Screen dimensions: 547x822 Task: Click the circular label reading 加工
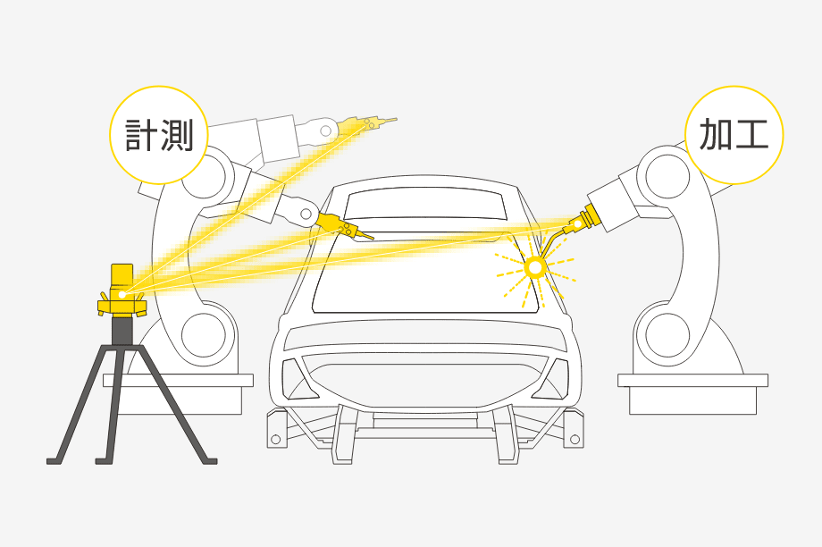pyautogui.click(x=734, y=135)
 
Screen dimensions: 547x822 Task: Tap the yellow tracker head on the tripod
pyautogui.click(x=122, y=290)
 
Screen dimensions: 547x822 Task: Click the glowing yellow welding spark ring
pyautogui.click(x=536, y=265)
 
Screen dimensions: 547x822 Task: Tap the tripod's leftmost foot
pyautogui.click(x=55, y=459)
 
